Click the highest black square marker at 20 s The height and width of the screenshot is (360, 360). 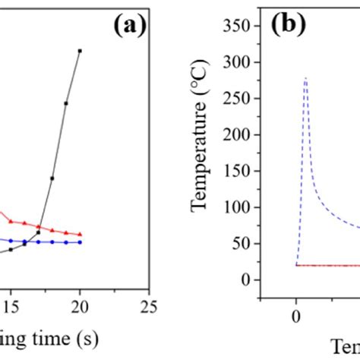[x=80, y=51]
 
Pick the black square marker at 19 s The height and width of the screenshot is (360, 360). [x=66, y=103]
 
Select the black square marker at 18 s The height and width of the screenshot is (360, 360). [x=52, y=178]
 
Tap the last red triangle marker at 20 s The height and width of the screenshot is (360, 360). [x=80, y=234]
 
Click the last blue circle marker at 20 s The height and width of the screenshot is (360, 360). [x=80, y=242]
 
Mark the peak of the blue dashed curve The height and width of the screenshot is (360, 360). [x=305, y=77]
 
